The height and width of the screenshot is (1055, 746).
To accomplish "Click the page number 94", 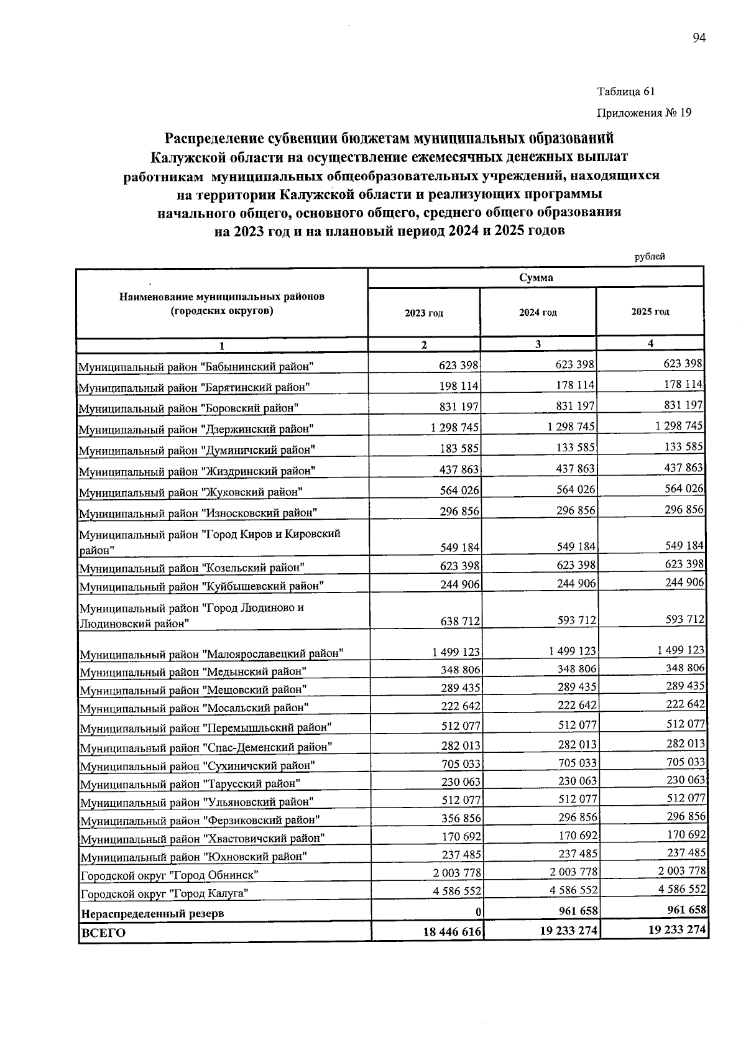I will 699,39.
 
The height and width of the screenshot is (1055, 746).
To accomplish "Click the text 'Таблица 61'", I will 626,92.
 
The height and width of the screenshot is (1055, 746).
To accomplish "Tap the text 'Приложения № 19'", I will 644,113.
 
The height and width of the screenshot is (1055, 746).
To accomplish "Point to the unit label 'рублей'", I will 650,256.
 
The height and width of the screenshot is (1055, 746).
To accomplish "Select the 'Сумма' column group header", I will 536,277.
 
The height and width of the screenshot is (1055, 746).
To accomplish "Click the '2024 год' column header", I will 538,313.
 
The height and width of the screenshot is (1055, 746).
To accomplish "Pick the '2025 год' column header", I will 650,312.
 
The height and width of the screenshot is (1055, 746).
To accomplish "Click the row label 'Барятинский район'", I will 194,388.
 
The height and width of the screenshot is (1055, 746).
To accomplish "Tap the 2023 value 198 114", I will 459,386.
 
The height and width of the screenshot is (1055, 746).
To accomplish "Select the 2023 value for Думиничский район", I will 459,448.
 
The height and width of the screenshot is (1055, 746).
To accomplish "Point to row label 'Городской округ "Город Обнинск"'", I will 169,875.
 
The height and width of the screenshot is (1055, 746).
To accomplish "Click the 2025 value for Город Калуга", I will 683,890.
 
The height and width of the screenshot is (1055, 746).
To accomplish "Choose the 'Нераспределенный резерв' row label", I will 153,914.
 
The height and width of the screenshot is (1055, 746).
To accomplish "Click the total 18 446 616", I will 449,931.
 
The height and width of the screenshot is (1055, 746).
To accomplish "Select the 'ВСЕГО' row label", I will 103,933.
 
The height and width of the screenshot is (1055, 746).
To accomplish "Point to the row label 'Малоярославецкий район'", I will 211,654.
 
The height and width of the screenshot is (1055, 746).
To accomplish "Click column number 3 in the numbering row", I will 538,344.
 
